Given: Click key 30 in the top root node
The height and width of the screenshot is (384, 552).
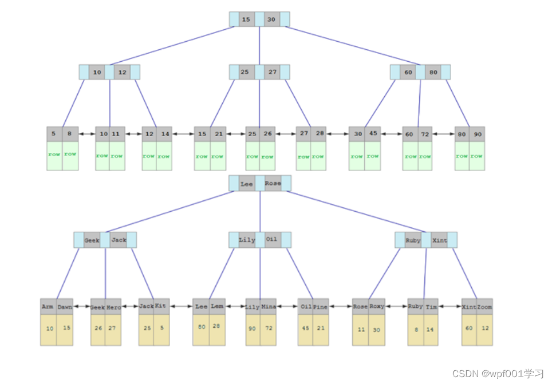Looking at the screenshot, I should pos(271,19).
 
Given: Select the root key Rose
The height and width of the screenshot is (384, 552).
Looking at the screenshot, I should pos(273,184).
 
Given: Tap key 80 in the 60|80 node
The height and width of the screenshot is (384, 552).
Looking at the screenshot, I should pos(433,72).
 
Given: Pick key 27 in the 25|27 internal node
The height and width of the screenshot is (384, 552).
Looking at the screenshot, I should pos(272,72).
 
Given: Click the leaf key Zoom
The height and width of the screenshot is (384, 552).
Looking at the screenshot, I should pos(484,306).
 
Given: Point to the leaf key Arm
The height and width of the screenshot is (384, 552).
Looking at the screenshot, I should pos(48,306).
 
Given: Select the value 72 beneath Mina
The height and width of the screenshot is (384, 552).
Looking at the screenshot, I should pos(269,328).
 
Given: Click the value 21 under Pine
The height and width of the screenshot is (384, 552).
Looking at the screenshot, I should pos(321,328).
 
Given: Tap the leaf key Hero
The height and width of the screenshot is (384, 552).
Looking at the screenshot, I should pos(113,307).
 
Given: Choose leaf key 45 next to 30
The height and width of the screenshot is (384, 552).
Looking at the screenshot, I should pos(373,134).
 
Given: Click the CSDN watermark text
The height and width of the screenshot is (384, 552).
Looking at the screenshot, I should pos(497,374).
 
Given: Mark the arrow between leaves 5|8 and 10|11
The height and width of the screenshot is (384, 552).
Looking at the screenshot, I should pos(87,134).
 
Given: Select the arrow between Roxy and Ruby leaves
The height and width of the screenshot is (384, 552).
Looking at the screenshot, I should pos(396,307).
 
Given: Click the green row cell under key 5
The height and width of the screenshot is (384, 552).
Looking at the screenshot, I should pos(54,155).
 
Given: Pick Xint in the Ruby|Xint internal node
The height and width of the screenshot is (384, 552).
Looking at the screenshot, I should pos(439,240).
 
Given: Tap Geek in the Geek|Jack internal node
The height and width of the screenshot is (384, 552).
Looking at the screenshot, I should pos(92,240).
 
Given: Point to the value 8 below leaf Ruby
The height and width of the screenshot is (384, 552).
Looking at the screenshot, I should pos(415,329).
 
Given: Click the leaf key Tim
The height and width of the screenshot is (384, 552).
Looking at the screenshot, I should pos(431,306).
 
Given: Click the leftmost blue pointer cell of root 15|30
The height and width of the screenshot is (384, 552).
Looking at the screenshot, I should pos(234,19).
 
